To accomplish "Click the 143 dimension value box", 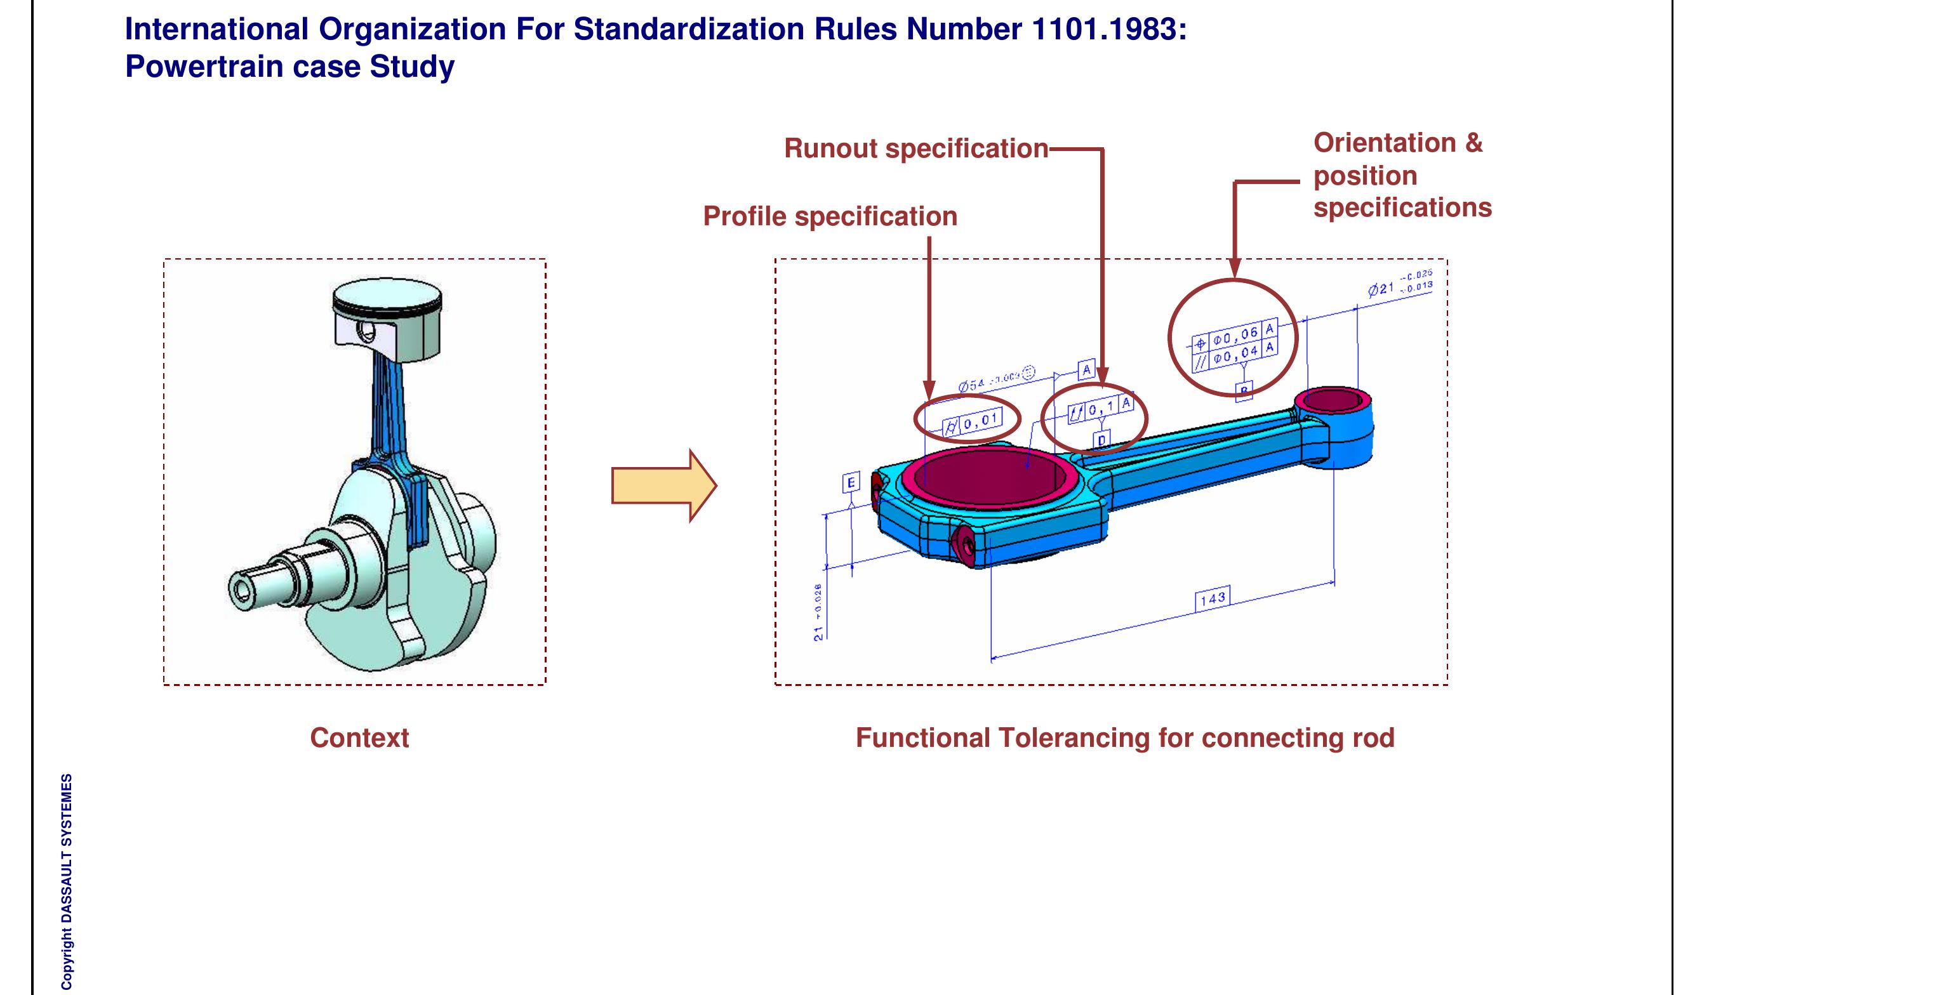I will [x=1213, y=598].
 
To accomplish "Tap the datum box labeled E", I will [x=851, y=482].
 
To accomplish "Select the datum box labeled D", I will [x=1101, y=440].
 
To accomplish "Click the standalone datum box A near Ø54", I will [x=1086, y=370].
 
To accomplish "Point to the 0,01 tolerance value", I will [x=981, y=421].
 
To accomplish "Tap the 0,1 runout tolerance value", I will [x=1101, y=408].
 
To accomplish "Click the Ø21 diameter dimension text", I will [x=1381, y=288].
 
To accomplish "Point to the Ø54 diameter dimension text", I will [x=972, y=386].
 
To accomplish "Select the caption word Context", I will [x=359, y=737].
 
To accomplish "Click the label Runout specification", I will [x=916, y=148].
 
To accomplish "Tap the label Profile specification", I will [x=830, y=216].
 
